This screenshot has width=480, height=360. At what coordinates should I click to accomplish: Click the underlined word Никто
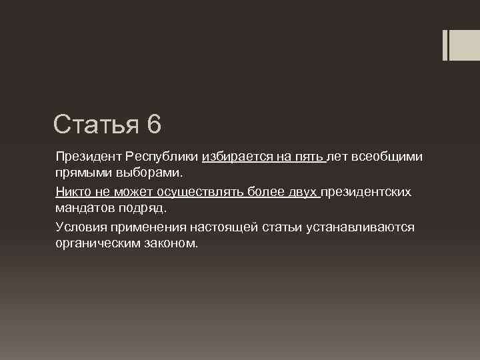(x=72, y=192)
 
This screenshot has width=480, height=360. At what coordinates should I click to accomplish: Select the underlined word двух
(x=303, y=192)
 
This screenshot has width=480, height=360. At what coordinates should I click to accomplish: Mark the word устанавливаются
(x=360, y=227)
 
